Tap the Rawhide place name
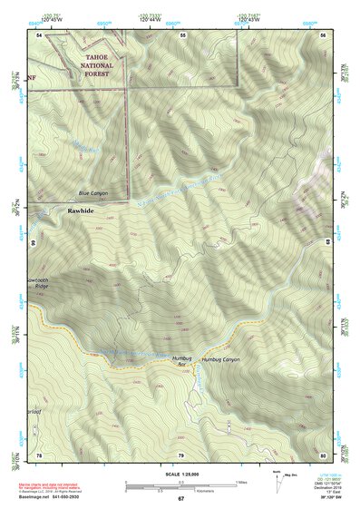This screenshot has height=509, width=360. coord(80,210)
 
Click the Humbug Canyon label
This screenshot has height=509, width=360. coord(221,360)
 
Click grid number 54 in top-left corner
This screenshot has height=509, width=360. coord(39,34)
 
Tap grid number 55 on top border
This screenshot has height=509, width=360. coord(182,34)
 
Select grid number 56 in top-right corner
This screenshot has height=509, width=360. coord(324,34)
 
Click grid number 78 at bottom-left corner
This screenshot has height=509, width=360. coord(39,454)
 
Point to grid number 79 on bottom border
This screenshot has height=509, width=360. coord(180,454)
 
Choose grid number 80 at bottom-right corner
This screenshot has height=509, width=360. coord(323,454)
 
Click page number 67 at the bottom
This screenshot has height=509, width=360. coord(180,499)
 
